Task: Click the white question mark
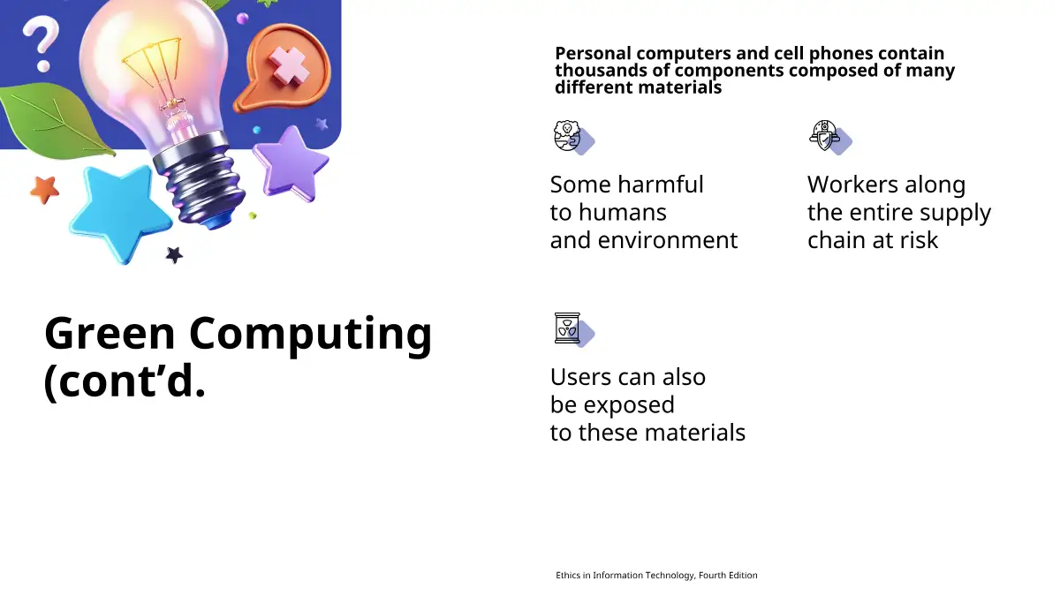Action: click(42, 41)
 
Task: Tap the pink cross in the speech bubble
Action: click(288, 67)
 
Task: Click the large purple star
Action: click(291, 162)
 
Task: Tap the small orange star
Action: click(44, 189)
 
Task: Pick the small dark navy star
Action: click(174, 255)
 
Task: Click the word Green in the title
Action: click(110, 333)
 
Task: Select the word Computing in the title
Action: click(310, 336)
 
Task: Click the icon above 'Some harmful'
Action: click(573, 137)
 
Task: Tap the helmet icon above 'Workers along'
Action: click(829, 137)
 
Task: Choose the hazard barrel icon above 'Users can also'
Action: click(573, 329)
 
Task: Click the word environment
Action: click(668, 240)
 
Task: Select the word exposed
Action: click(629, 406)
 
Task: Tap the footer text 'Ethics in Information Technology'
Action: click(625, 575)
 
